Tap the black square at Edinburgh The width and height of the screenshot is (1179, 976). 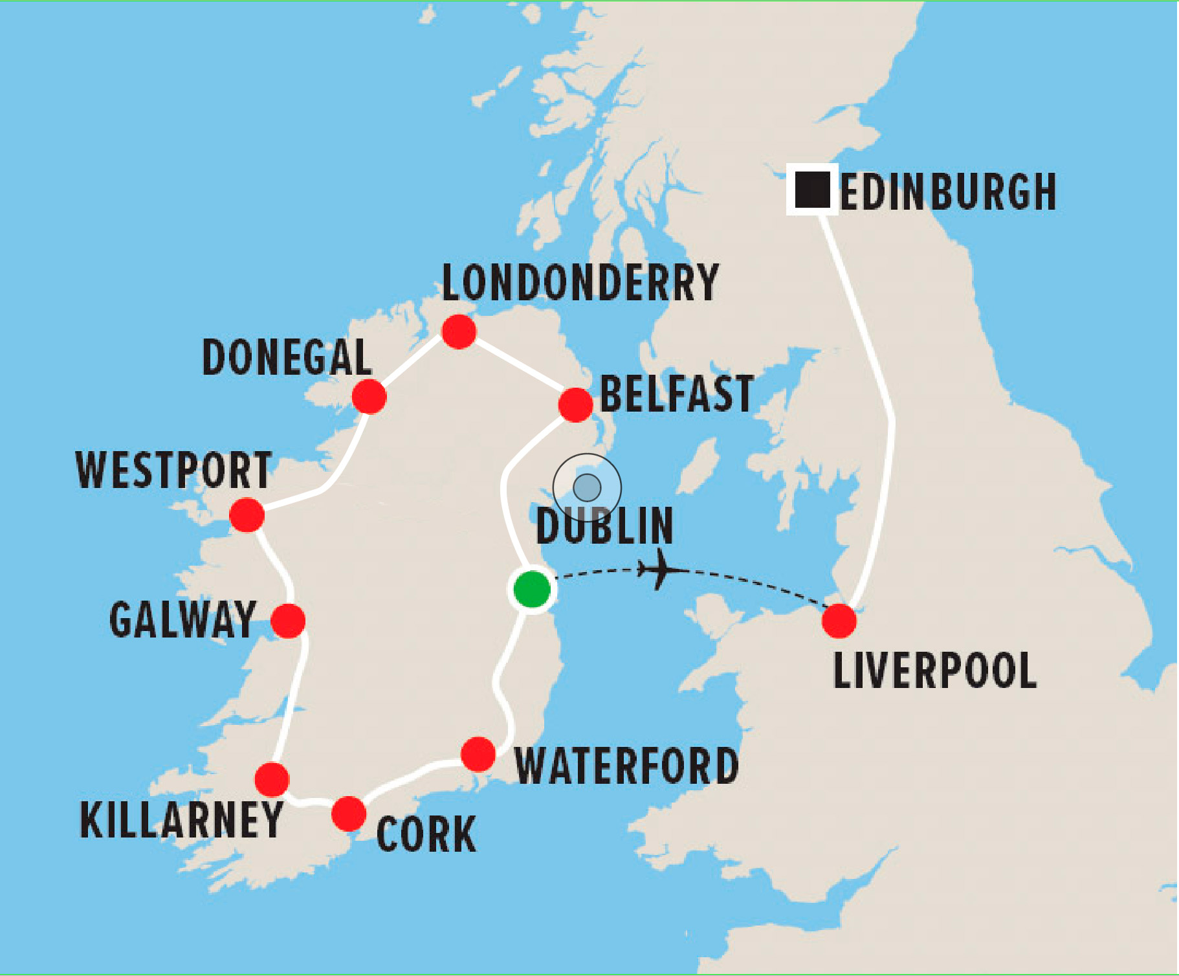pyautogui.click(x=812, y=189)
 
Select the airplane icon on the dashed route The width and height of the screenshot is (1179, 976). pyautogui.click(x=661, y=570)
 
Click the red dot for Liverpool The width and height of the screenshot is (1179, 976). pyautogui.click(x=839, y=621)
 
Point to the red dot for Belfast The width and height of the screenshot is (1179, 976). pyautogui.click(x=575, y=405)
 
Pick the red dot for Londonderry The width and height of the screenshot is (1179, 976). pyautogui.click(x=459, y=332)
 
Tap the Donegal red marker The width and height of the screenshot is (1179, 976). pyautogui.click(x=369, y=396)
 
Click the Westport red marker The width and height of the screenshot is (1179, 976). pyautogui.click(x=247, y=515)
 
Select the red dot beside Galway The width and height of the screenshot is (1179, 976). pyautogui.click(x=288, y=621)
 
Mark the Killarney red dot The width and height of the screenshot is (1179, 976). pyautogui.click(x=272, y=779)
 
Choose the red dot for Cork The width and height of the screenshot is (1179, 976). pyautogui.click(x=349, y=814)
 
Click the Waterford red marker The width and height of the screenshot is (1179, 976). pyautogui.click(x=478, y=754)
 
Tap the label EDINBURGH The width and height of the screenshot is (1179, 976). pyautogui.click(x=948, y=192)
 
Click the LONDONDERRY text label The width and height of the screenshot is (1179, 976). pyautogui.click(x=580, y=283)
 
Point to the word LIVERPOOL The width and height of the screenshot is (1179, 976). pyautogui.click(x=935, y=671)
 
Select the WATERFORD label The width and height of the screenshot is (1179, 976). pyautogui.click(x=626, y=766)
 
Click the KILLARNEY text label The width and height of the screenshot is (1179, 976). pyautogui.click(x=181, y=820)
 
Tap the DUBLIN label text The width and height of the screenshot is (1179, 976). pyautogui.click(x=605, y=526)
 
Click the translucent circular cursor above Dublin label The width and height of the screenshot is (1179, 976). pyautogui.click(x=587, y=487)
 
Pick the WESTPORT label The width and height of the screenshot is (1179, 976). pyautogui.click(x=173, y=471)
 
